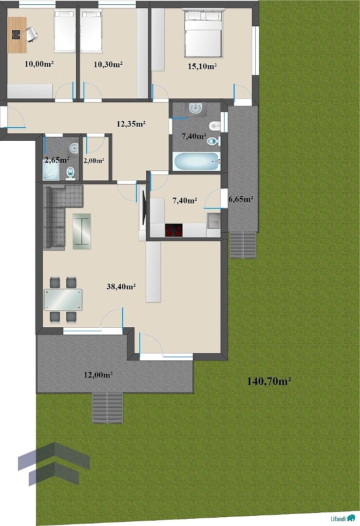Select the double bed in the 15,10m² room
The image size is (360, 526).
203,33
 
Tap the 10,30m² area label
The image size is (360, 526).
108,64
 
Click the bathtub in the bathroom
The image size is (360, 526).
197,162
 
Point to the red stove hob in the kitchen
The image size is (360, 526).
173,230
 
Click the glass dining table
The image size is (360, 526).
63,300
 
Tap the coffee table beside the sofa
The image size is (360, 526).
81,231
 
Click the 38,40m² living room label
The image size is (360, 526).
121,286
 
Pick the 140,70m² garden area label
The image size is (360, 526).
269,381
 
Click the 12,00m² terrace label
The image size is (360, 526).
98,375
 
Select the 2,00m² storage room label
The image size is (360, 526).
94,161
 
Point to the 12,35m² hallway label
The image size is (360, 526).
131,124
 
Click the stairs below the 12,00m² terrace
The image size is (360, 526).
107,407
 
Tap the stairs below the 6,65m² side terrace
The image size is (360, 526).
243,245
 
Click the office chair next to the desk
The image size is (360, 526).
31,34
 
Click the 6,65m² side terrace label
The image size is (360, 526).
241,199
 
